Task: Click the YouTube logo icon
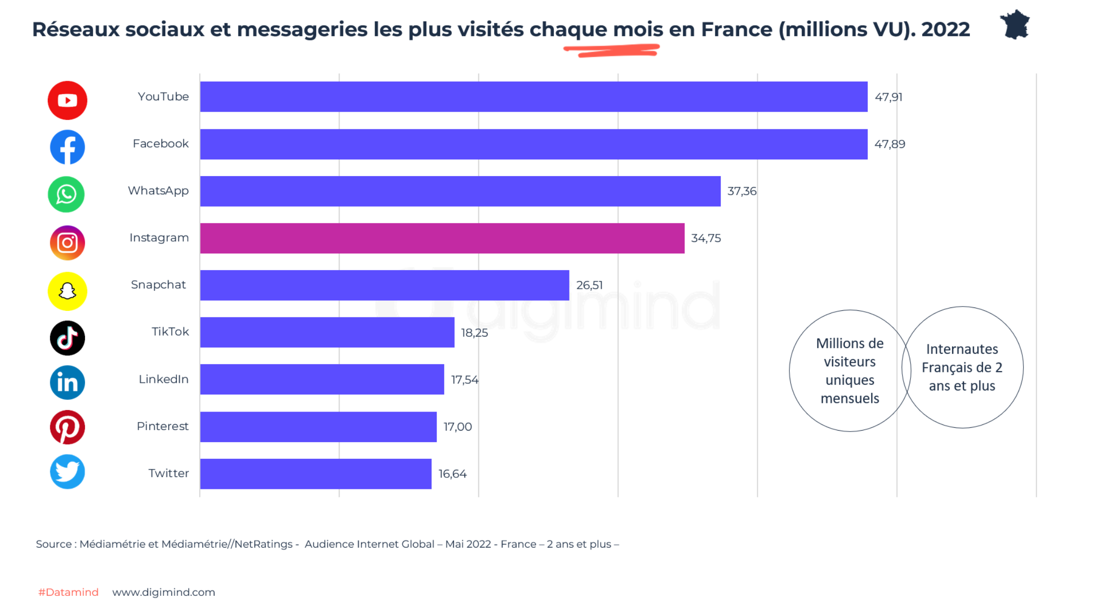[x=67, y=100]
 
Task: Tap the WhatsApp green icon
[x=66, y=194]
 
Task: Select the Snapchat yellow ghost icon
[x=67, y=291]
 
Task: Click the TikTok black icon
[x=67, y=338]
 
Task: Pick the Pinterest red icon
[x=67, y=427]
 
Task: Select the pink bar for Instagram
[x=442, y=238]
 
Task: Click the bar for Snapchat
[x=385, y=285]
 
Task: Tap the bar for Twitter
[x=315, y=474]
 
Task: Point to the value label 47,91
[x=888, y=97]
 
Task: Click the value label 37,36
[x=741, y=191]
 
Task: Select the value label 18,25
[x=474, y=333]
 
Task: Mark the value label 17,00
[x=457, y=427]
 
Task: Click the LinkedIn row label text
[x=163, y=379]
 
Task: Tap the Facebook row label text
[x=161, y=144]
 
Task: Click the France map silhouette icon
[x=1015, y=25]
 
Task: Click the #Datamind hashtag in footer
[x=68, y=592]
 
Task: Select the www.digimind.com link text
[x=163, y=592]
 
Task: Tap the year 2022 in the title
[x=946, y=30]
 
